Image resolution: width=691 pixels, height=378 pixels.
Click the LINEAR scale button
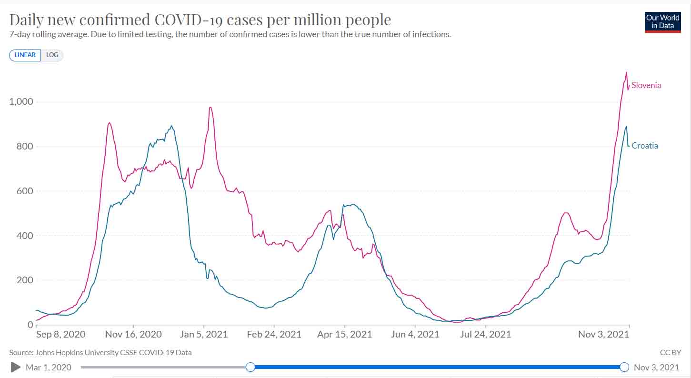point(25,55)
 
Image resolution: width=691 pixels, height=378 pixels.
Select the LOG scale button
point(52,55)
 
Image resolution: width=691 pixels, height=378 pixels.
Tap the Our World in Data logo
point(662,21)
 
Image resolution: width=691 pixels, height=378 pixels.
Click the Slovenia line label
point(646,85)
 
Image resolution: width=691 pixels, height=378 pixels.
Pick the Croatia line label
point(645,146)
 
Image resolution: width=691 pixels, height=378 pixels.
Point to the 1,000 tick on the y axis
point(21,102)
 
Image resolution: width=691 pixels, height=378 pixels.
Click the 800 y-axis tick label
point(24,146)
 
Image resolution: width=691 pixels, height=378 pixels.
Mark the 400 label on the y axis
point(24,236)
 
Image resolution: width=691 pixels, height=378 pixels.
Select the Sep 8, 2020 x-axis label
point(61,334)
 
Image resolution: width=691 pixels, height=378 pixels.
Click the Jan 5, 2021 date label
point(203,334)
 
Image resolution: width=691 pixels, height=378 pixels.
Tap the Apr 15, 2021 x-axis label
point(345,334)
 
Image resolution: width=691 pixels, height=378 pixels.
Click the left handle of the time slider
point(250,367)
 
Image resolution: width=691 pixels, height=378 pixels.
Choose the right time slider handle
point(624,367)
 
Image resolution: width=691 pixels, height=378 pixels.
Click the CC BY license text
point(670,353)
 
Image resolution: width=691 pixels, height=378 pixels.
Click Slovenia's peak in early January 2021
point(210,107)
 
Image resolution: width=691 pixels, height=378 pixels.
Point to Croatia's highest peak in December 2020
point(171,126)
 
